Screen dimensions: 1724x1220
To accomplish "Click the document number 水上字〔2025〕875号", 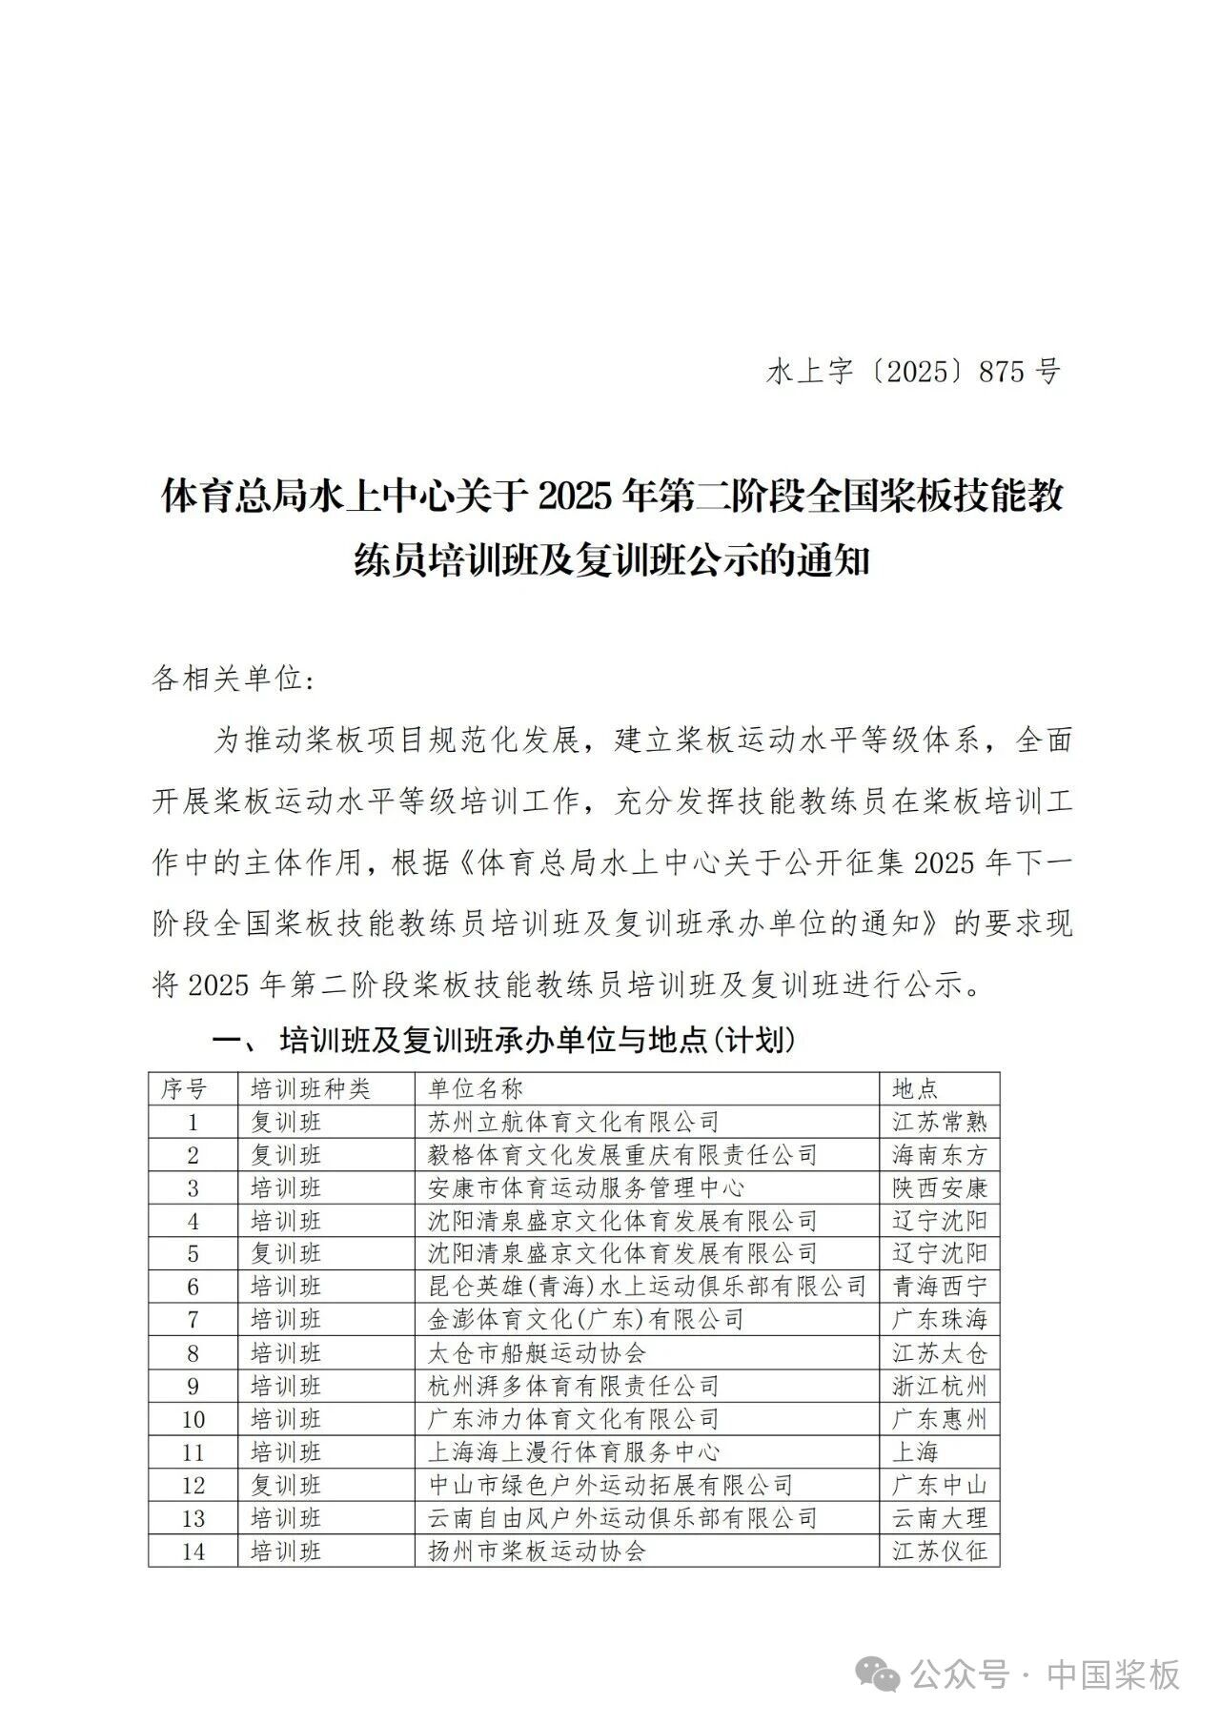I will [x=913, y=371].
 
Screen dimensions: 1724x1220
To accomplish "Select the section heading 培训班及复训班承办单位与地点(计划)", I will [x=537, y=1040].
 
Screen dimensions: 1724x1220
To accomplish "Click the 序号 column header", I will [x=184, y=1088].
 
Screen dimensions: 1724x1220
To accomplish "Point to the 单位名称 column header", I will [x=476, y=1088].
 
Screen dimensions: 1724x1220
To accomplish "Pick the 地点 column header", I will [x=916, y=1088].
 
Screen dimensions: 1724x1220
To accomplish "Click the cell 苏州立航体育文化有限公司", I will [x=574, y=1122].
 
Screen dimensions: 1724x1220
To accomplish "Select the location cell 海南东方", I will [x=940, y=1155].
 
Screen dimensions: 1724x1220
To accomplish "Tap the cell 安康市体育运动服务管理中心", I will [x=586, y=1187].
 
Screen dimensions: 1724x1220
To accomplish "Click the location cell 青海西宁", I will [x=940, y=1287].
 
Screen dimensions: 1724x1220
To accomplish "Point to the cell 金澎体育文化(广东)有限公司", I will [x=586, y=1320].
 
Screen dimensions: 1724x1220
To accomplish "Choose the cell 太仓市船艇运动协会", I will [x=538, y=1353].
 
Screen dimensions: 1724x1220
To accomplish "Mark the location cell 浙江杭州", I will [x=940, y=1386].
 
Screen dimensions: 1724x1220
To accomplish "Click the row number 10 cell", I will [x=193, y=1419].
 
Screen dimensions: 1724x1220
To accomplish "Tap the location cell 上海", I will [x=916, y=1451].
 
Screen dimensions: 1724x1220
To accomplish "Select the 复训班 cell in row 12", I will [x=286, y=1485].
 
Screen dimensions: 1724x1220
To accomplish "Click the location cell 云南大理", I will [x=940, y=1518].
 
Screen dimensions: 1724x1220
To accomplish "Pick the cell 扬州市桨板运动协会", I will [x=538, y=1551].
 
